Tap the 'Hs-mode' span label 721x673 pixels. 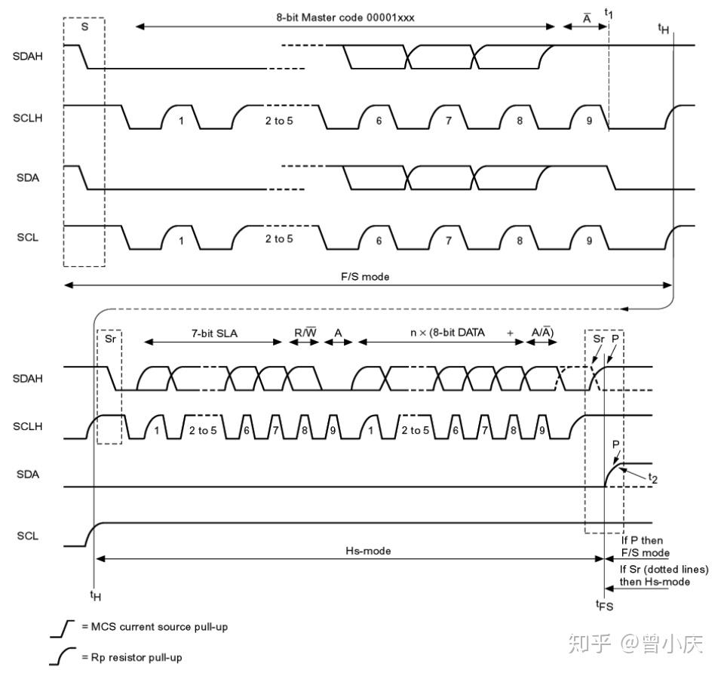(368, 551)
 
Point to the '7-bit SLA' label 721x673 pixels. (213, 333)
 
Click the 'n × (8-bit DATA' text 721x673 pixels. (442, 333)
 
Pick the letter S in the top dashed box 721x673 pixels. (84, 26)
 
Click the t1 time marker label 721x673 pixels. (609, 13)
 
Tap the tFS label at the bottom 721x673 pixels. (605, 604)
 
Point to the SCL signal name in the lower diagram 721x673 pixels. (27, 536)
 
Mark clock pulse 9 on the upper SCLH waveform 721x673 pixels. (588, 120)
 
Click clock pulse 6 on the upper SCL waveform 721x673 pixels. (379, 240)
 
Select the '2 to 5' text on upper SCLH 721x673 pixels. (278, 120)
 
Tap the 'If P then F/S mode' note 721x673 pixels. (642, 547)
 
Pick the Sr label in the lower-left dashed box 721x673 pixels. (109, 339)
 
